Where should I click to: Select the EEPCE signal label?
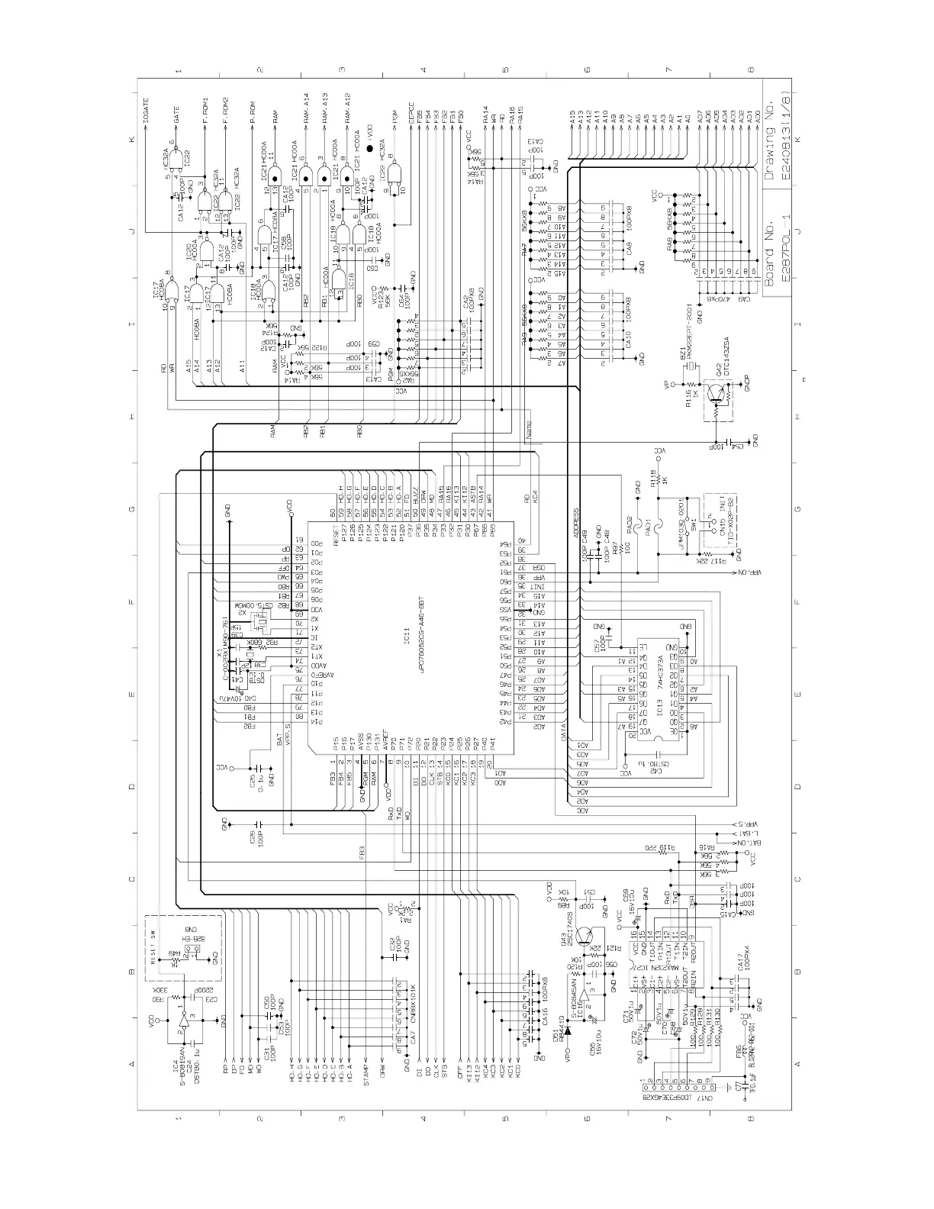click(411, 114)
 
